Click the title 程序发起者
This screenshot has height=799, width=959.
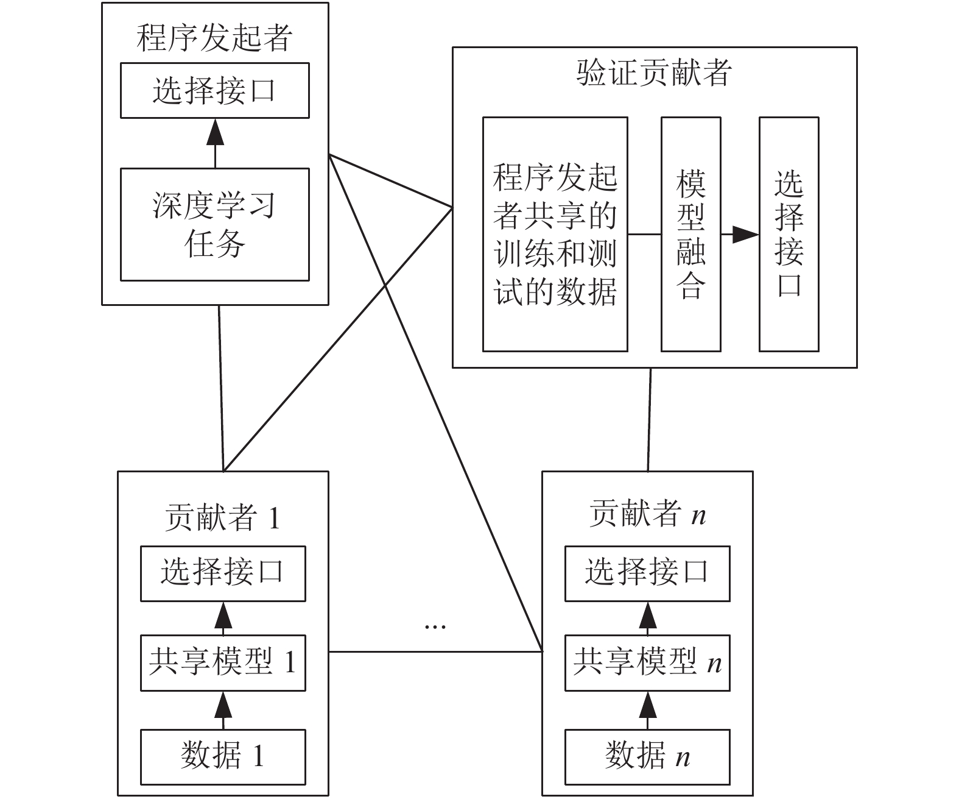(214, 38)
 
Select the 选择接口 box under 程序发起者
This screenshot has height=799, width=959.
(215, 91)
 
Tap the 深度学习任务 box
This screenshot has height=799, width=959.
(215, 224)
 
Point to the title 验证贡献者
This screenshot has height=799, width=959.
(654, 73)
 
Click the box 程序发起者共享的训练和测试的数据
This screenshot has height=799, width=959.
(555, 235)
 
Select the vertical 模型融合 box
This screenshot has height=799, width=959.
(690, 235)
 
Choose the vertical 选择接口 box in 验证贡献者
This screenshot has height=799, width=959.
(789, 235)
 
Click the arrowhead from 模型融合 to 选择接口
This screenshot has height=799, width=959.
(745, 235)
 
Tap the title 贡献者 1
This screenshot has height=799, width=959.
(223, 517)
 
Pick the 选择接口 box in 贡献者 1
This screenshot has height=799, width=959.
(223, 574)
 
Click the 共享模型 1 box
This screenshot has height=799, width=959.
(223, 663)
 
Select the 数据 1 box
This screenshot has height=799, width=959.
(223, 757)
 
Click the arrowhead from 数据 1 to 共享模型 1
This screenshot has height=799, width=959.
(223, 705)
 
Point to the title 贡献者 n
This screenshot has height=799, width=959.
(648, 514)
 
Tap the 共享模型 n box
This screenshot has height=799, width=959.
(647, 663)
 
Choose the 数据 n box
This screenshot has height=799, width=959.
(647, 757)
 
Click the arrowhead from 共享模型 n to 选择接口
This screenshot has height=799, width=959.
(648, 615)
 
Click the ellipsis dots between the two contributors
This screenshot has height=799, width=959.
(435, 627)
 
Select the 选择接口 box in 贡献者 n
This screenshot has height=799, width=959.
(647, 574)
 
